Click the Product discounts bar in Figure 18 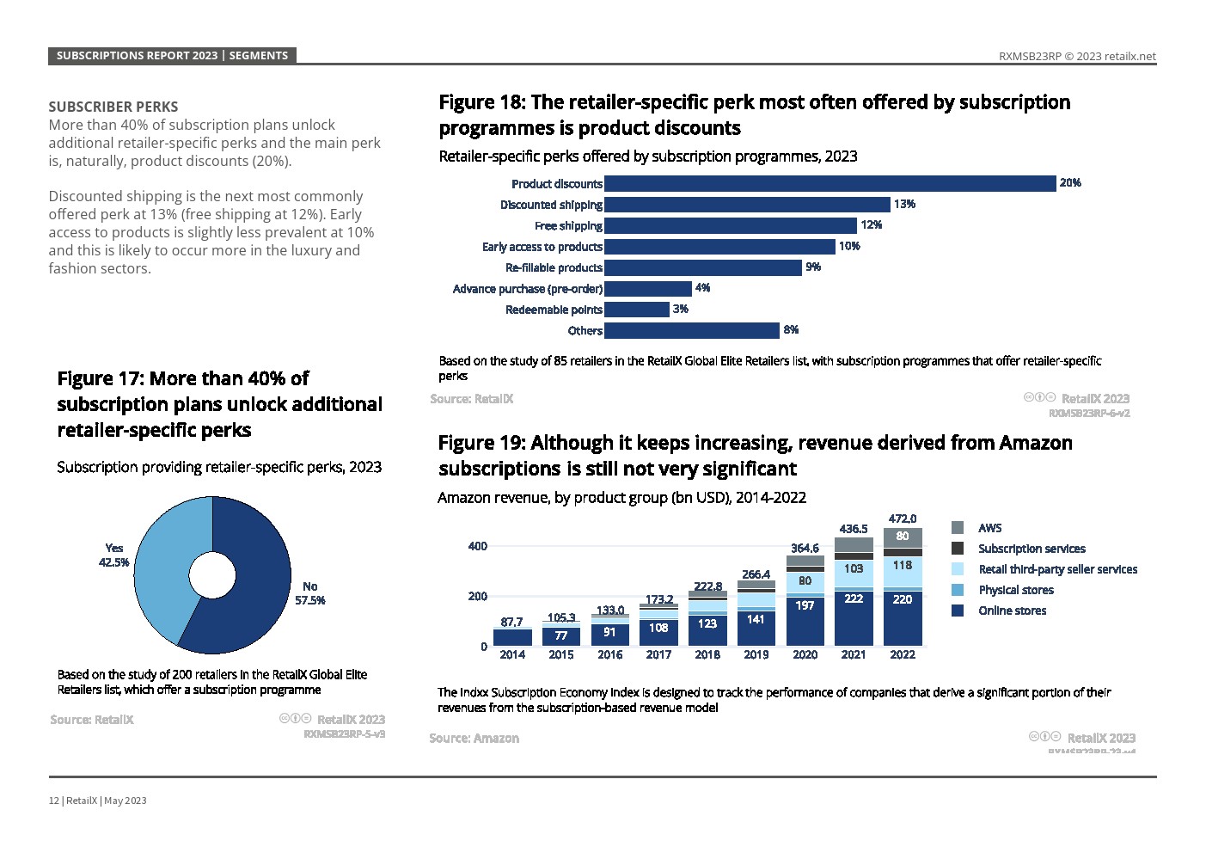click(x=830, y=183)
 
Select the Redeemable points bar click(x=637, y=310)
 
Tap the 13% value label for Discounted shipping click(x=904, y=205)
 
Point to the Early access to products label click(x=542, y=247)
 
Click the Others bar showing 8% click(x=692, y=330)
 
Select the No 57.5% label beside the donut click(x=310, y=593)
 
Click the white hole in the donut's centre click(x=212, y=575)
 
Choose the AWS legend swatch click(x=958, y=528)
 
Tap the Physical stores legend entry click(x=1015, y=590)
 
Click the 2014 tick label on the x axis click(x=512, y=655)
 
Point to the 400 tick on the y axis click(x=477, y=546)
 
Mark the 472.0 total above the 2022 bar click(x=902, y=519)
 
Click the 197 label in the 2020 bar click(x=805, y=605)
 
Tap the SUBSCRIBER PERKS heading click(x=113, y=107)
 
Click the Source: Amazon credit click(x=474, y=738)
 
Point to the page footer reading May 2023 click(x=125, y=801)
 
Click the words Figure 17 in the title click(x=97, y=379)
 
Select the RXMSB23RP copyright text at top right click(x=1077, y=57)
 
